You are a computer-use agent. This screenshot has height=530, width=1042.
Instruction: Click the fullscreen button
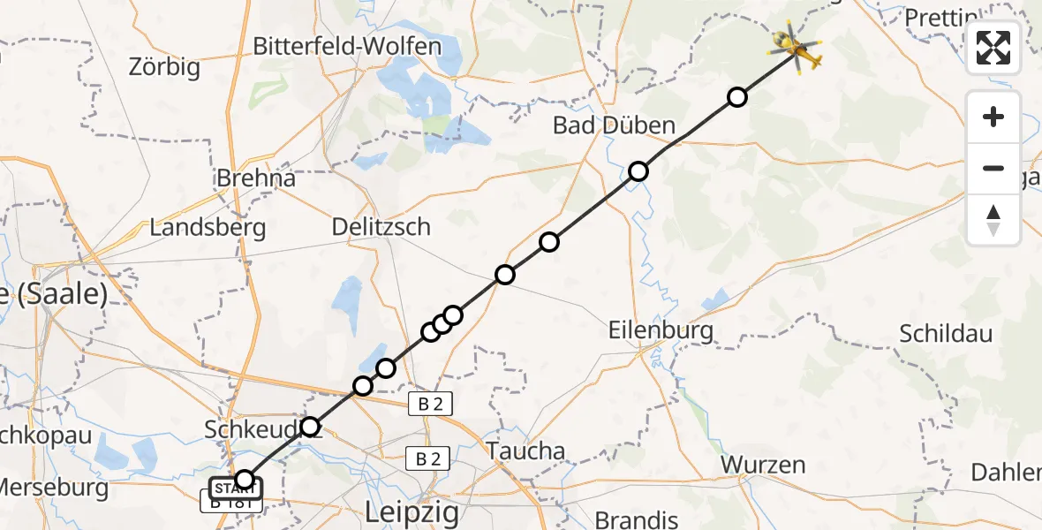tap(993, 48)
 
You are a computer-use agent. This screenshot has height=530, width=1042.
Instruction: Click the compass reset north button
tap(993, 220)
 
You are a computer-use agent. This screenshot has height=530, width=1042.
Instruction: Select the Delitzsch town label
tap(381, 227)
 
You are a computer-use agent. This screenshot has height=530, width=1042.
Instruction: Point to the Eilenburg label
tap(661, 330)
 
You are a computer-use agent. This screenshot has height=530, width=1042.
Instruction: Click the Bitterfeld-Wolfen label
tap(347, 46)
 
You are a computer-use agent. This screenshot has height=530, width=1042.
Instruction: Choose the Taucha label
tap(526, 451)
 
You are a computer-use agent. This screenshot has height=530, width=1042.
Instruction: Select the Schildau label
tap(946, 334)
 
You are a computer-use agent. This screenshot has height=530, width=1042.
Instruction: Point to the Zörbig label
tap(164, 66)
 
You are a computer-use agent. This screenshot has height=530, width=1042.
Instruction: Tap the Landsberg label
tap(208, 227)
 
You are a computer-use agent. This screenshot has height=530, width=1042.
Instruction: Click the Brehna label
tap(256, 178)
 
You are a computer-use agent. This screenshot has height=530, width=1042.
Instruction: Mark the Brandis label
tap(637, 519)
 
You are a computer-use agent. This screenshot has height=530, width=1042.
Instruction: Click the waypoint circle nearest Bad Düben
tap(638, 171)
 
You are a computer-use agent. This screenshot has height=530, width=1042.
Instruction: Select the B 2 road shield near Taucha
tap(428, 458)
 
